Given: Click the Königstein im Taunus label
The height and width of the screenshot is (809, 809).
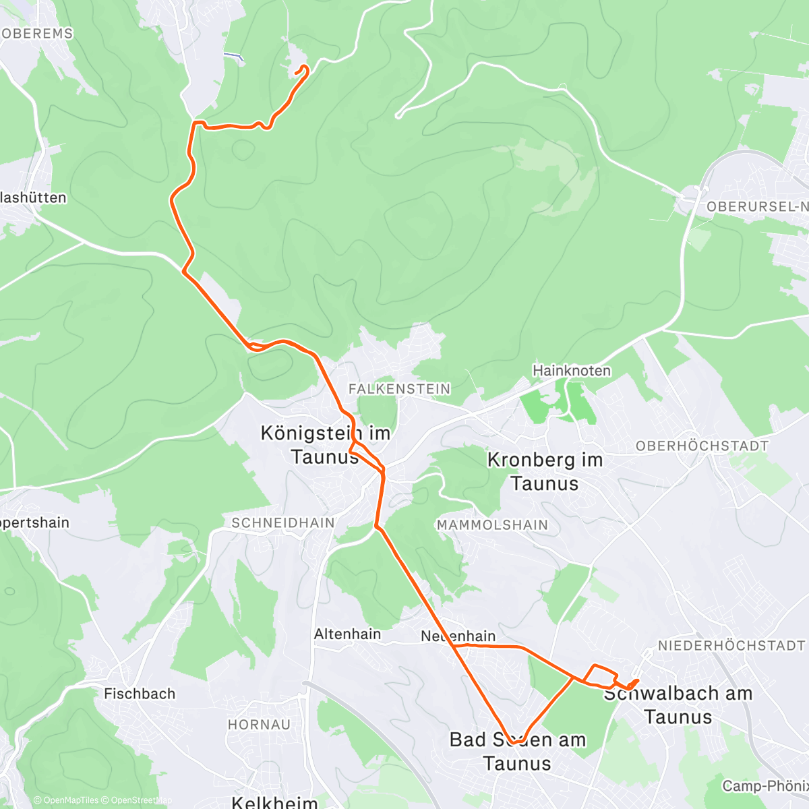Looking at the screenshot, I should pyautogui.click(x=326, y=445).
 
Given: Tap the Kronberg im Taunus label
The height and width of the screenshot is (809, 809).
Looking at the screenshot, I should pyautogui.click(x=544, y=471).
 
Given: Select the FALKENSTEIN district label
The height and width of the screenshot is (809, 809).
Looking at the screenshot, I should pyautogui.click(x=399, y=389).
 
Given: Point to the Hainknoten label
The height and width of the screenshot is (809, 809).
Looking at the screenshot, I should pyautogui.click(x=572, y=371).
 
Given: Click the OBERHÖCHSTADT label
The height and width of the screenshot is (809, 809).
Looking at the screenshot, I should pyautogui.click(x=702, y=446).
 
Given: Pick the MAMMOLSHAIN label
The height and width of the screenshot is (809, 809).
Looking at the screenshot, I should pyautogui.click(x=492, y=525).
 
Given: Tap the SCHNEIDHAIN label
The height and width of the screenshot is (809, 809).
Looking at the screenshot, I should pyautogui.click(x=282, y=523).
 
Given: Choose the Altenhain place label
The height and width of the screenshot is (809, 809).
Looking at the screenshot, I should pyautogui.click(x=347, y=634).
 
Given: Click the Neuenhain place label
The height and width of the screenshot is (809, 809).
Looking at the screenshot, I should pyautogui.click(x=458, y=636).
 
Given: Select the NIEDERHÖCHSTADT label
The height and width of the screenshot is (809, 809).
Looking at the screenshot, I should pyautogui.click(x=731, y=646).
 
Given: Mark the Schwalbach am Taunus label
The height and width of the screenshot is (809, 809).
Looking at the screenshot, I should pyautogui.click(x=678, y=705).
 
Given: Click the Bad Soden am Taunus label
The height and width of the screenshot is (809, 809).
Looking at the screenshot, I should pyautogui.click(x=517, y=751).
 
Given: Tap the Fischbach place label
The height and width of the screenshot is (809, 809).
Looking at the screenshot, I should pyautogui.click(x=140, y=694).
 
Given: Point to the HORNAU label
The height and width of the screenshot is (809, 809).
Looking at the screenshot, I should pyautogui.click(x=259, y=725).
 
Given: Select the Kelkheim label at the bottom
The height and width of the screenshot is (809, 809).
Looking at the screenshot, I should pyautogui.click(x=274, y=802).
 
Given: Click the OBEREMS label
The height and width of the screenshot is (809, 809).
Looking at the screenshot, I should pyautogui.click(x=37, y=34).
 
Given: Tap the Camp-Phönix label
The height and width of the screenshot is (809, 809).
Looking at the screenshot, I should pyautogui.click(x=765, y=786).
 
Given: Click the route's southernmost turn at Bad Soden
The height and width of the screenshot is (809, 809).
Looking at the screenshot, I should pyautogui.click(x=516, y=742).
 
